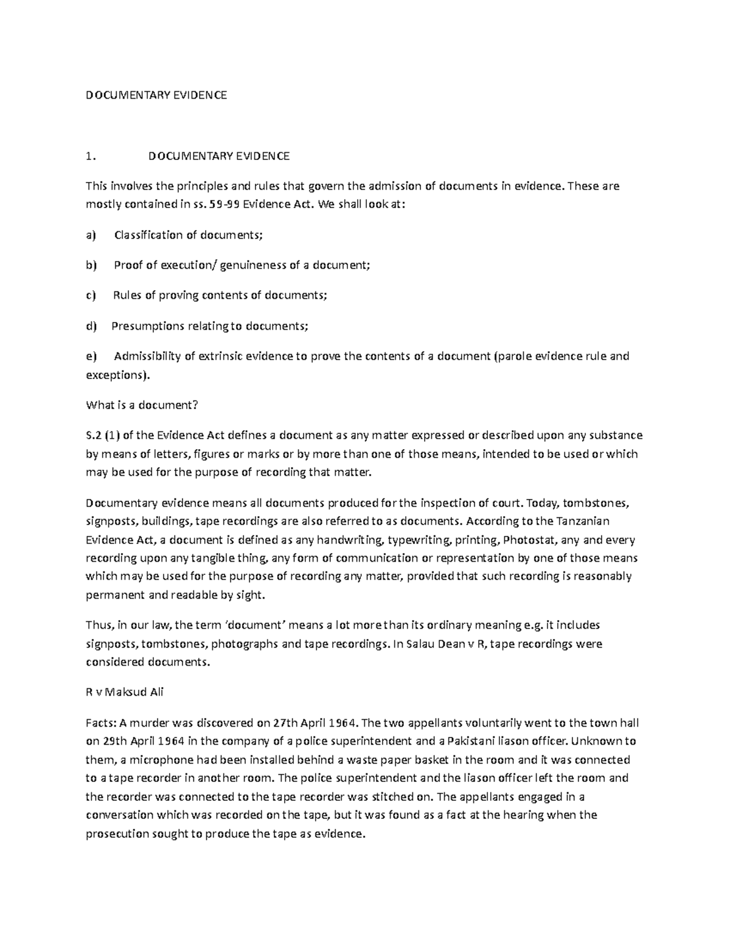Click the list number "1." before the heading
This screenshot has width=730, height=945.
coord(91,156)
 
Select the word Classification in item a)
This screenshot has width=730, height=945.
coord(148,235)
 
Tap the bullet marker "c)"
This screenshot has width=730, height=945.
coord(91,296)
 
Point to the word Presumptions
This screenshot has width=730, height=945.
coord(148,326)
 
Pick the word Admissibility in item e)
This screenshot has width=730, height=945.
coord(147,357)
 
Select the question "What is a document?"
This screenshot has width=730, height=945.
coord(142,405)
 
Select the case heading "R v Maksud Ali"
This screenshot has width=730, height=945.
coord(125,692)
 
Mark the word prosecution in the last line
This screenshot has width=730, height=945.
coord(117,834)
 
